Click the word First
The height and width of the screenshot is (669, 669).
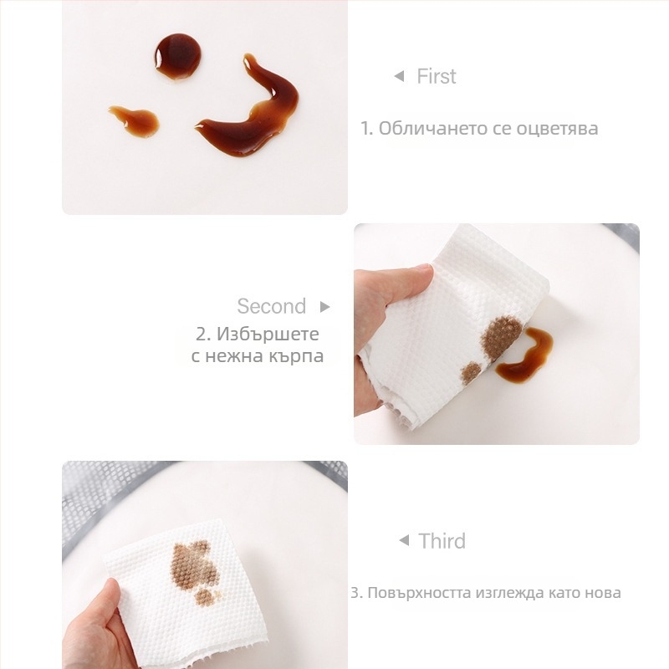coord(436,76)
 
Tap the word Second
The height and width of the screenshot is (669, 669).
coord(271,306)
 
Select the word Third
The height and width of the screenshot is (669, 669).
coord(442,541)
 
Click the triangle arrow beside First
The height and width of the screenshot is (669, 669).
coord(399,76)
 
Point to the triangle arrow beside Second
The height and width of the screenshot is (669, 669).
coord(325,307)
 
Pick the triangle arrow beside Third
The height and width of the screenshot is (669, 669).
coord(404,540)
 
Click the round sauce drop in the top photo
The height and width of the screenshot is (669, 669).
coord(177,56)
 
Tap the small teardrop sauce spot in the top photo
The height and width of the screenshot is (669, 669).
coord(135,120)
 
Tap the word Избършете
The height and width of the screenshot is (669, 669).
coord(268,334)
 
